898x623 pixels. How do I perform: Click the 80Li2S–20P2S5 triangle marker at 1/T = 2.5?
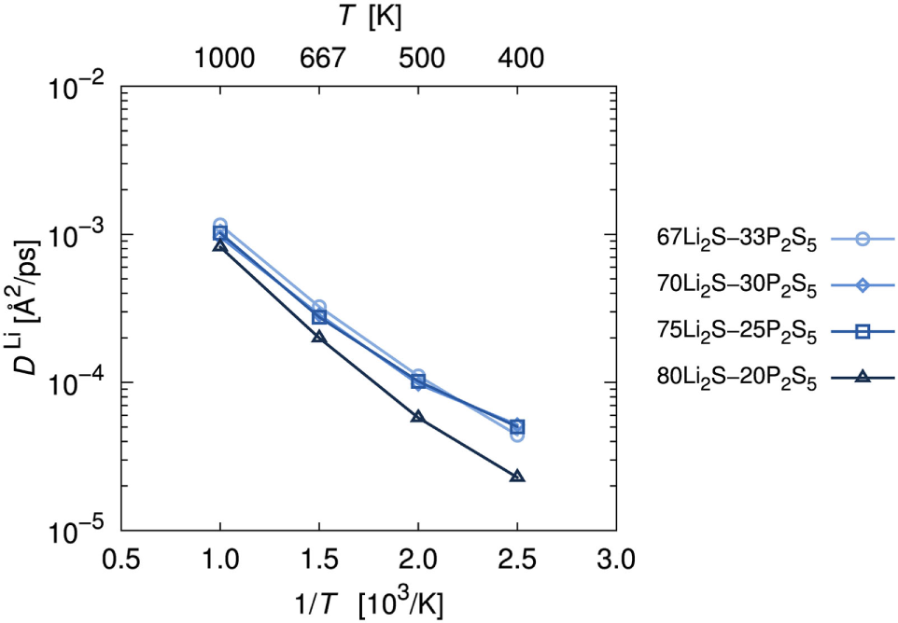(517, 477)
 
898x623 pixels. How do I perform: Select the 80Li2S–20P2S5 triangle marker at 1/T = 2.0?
(418, 417)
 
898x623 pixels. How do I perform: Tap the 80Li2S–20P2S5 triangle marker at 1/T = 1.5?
(319, 337)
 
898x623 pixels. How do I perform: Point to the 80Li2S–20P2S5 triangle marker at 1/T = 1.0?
(220, 245)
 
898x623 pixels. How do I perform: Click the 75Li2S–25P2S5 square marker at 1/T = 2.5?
(517, 426)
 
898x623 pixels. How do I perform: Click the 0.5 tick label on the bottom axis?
(121, 561)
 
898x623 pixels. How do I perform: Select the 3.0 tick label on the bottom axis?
(616, 561)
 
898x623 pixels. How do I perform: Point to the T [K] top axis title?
(371, 17)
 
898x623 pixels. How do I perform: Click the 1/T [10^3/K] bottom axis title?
(371, 602)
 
